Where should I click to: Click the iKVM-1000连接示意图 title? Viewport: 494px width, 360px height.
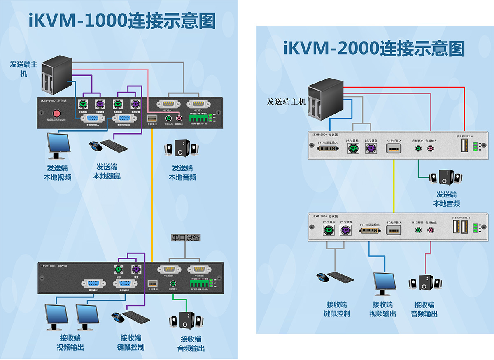122,21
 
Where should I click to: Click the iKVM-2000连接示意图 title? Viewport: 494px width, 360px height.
374,48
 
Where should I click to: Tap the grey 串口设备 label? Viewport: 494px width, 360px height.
186,237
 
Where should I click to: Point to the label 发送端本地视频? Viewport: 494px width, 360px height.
58,173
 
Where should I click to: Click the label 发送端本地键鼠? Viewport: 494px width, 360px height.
107,171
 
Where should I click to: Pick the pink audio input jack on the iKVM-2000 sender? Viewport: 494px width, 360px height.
431,149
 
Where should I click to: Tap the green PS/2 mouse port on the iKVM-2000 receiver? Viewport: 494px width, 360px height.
328,230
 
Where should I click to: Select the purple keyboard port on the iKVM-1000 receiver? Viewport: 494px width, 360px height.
136,270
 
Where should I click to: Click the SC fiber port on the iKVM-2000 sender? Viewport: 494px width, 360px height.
394,149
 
